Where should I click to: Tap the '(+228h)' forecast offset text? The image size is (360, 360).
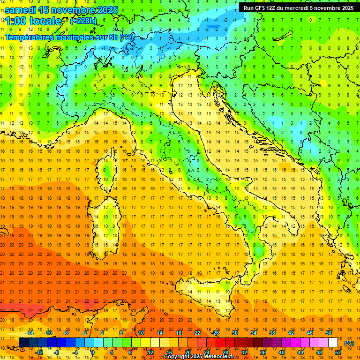point(83,21)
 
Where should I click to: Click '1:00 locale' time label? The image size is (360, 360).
point(33,21)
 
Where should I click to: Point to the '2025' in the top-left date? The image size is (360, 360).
point(105,10)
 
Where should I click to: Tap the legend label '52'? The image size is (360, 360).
point(338,352)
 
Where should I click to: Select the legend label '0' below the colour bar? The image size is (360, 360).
point(93,352)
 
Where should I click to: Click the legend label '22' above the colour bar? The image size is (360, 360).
point(197,332)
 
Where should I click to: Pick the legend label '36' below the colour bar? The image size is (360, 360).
point(263,352)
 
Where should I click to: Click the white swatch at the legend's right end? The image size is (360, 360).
point(333,342)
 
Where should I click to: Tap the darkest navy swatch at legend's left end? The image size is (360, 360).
point(23,342)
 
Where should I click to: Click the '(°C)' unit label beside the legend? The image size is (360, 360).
point(349,343)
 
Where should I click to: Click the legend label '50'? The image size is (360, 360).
point(329,332)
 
